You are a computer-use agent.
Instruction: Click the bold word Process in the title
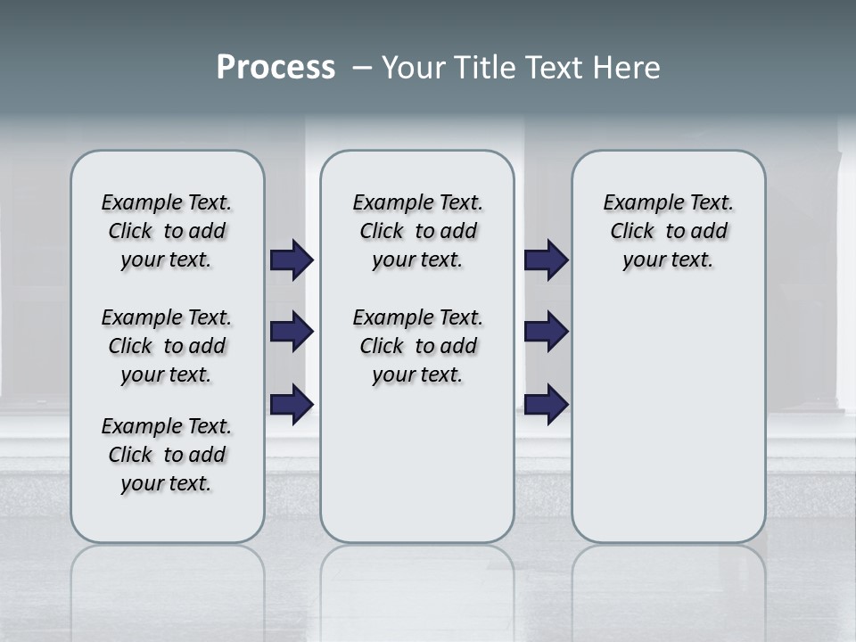(276, 68)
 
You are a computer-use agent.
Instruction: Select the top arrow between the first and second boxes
(292, 260)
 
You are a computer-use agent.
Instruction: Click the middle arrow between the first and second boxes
(292, 332)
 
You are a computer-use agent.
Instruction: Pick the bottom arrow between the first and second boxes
(292, 404)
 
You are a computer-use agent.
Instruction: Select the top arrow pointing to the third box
(546, 260)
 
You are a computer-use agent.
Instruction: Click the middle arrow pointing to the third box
(546, 332)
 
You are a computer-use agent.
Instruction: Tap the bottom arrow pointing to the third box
(546, 404)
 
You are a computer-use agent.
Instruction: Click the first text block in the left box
(167, 231)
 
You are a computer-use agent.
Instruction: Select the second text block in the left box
(167, 346)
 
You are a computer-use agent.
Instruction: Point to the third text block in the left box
(167, 455)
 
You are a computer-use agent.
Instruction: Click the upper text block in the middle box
(418, 231)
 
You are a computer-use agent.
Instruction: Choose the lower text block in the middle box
(418, 346)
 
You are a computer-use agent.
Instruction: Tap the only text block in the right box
(669, 231)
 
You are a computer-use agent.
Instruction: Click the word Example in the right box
(636, 203)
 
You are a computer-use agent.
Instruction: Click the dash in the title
(362, 68)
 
